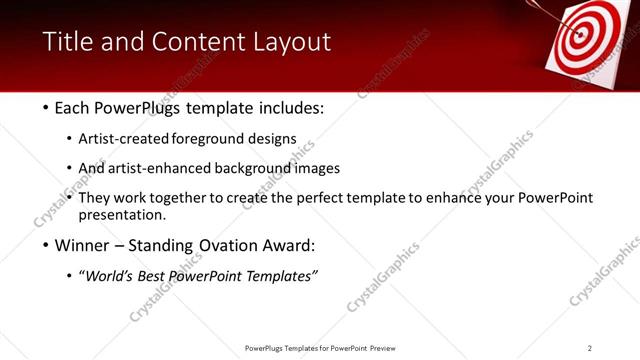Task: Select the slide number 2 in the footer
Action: [x=590, y=348]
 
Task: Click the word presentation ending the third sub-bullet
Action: [x=127, y=215]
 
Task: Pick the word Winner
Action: [x=83, y=245]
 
